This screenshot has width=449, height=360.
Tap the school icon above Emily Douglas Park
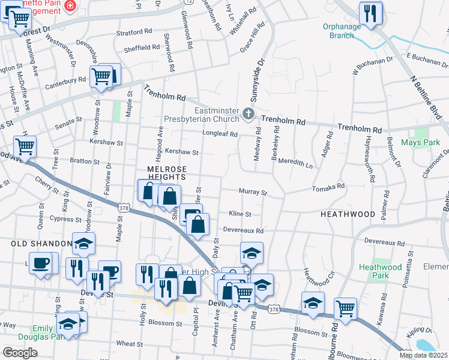[x=68, y=325]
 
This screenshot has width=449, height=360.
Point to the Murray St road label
[x=252, y=192]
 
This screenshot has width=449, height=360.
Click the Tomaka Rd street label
[x=328, y=188]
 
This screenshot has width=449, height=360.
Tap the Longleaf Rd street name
[x=220, y=134]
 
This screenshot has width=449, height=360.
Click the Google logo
[x=20, y=353]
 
